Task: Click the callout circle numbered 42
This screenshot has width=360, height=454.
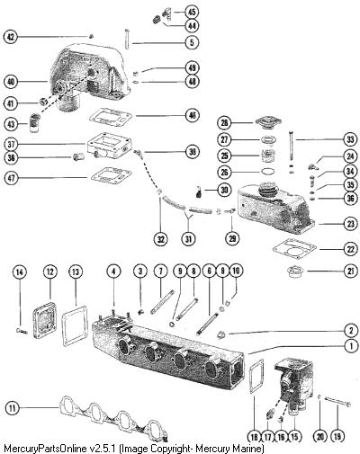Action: point(11,37)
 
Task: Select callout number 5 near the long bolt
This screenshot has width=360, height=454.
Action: point(192,42)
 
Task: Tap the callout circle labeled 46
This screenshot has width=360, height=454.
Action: point(192,115)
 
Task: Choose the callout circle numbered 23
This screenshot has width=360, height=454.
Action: point(350,224)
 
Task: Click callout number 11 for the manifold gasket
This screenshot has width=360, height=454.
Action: point(13,408)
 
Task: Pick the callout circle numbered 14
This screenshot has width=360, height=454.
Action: point(20,272)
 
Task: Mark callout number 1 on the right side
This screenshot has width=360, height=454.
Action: point(350,346)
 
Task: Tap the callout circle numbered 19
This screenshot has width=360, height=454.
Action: point(337,436)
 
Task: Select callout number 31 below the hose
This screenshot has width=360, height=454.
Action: point(188,239)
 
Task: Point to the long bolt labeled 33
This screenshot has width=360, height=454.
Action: point(291,147)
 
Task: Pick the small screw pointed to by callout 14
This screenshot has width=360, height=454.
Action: point(21,331)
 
